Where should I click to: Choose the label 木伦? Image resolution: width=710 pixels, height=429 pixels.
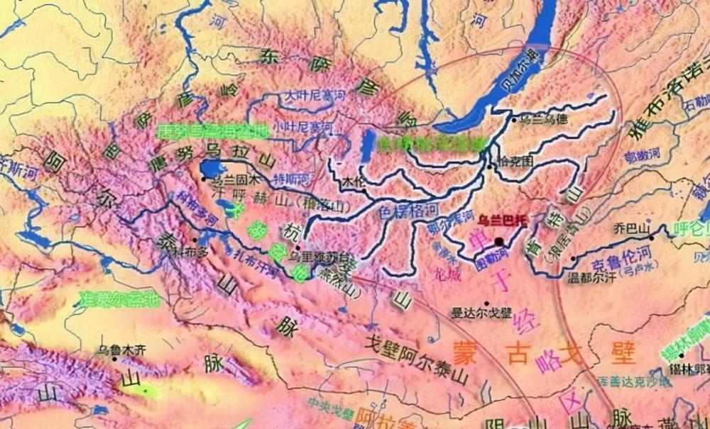click(x=353, y=182)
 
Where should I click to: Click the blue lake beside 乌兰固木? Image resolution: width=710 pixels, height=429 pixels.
click(x=212, y=169)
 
